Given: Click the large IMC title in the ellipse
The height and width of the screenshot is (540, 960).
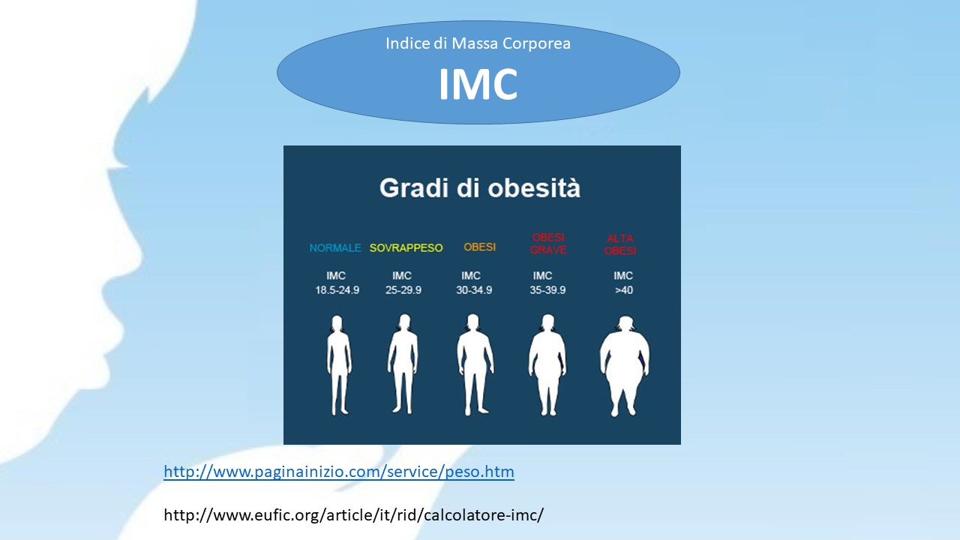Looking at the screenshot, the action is [x=478, y=83].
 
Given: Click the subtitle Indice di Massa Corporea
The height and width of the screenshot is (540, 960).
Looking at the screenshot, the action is [x=478, y=43].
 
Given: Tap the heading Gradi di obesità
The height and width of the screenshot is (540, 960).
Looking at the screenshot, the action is [x=480, y=187].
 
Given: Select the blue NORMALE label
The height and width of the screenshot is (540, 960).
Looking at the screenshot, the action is [x=335, y=247].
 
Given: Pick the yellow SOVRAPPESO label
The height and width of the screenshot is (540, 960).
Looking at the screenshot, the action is [x=406, y=247].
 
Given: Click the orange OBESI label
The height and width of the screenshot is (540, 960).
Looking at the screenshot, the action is [x=479, y=247].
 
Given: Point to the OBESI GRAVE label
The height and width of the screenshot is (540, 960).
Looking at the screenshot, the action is [x=548, y=244].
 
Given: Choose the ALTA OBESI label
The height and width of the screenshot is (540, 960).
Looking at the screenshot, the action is [x=620, y=244].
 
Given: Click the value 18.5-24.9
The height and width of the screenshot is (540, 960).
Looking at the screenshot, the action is [x=337, y=290].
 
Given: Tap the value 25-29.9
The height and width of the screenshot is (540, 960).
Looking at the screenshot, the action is [x=403, y=290].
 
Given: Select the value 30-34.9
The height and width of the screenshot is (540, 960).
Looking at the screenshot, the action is [x=474, y=290].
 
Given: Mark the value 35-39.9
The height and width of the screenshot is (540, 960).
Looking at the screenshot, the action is [x=547, y=290].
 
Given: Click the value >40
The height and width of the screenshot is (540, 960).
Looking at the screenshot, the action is [x=623, y=290].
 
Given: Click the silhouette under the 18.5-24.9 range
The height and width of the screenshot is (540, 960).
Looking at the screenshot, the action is [x=339, y=365].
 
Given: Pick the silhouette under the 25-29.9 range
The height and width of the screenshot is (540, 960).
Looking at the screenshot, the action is [x=403, y=364].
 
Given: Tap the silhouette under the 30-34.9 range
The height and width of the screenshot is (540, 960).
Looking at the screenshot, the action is [x=475, y=364].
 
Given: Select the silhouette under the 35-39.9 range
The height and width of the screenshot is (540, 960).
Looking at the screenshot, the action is [x=547, y=364].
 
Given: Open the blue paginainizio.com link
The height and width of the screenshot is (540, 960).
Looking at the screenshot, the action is [x=339, y=472].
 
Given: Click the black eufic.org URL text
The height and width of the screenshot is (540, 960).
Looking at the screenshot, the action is [x=353, y=514].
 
